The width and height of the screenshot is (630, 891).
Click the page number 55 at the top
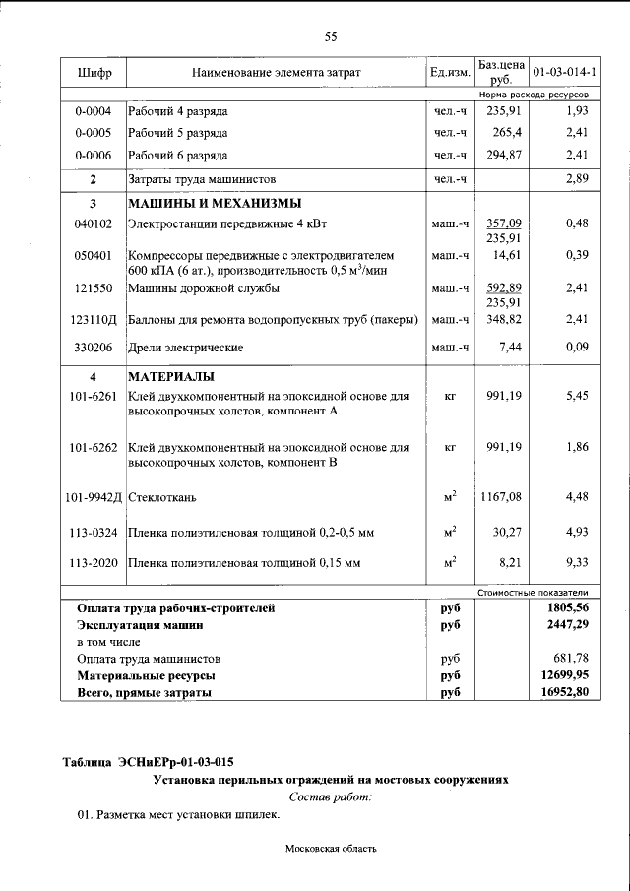[331, 36]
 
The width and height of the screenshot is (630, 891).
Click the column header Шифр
[94, 73]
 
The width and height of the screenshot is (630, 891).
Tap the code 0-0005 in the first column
[94, 132]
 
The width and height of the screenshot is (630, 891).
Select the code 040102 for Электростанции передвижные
[94, 224]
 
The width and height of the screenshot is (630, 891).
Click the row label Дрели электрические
[186, 348]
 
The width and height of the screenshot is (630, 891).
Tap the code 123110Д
[94, 320]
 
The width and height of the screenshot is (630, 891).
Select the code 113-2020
[94, 563]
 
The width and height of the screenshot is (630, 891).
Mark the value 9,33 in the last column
[577, 563]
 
